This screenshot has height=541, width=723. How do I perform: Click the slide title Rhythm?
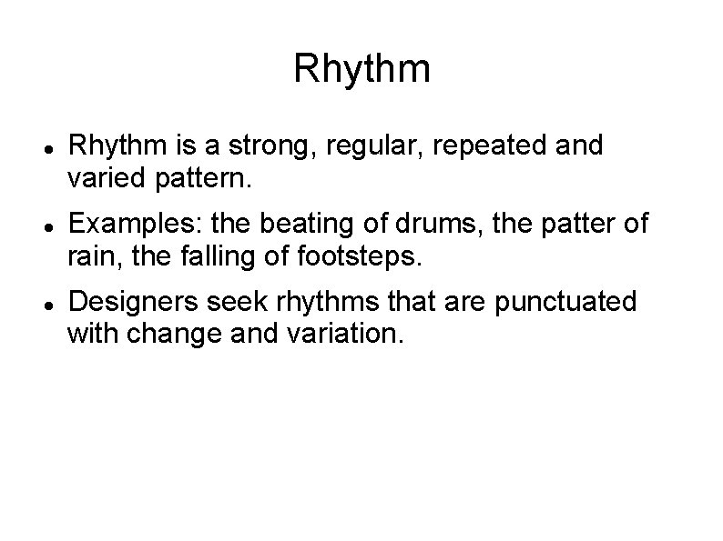pyautogui.click(x=361, y=70)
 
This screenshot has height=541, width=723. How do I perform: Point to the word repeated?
pyautogui.click(x=481, y=146)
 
